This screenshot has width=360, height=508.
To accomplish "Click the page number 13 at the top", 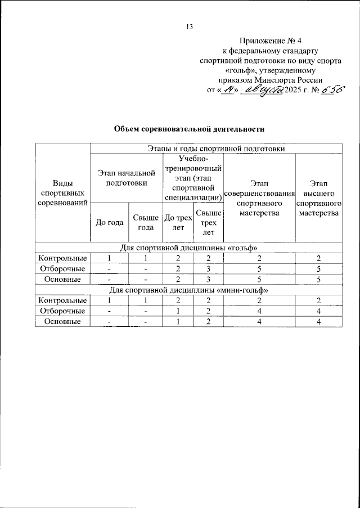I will pos(190,27).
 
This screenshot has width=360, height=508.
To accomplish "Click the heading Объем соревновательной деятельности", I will pos(189,129).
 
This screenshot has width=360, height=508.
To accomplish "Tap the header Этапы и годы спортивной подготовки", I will pos(216,149).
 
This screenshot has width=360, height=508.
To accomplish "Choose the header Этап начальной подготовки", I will pos(126,177).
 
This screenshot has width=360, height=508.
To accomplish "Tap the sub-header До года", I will pos(110,222).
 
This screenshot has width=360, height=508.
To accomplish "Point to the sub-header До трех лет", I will pos(177,222).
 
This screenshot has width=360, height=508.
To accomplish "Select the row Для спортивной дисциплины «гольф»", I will pos(189,248).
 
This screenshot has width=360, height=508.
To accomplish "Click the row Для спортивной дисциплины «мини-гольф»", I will pos(189,290).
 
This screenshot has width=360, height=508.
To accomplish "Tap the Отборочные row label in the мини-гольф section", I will pos(63,311).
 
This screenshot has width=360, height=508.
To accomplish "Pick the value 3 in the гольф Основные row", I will pos(208,279).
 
